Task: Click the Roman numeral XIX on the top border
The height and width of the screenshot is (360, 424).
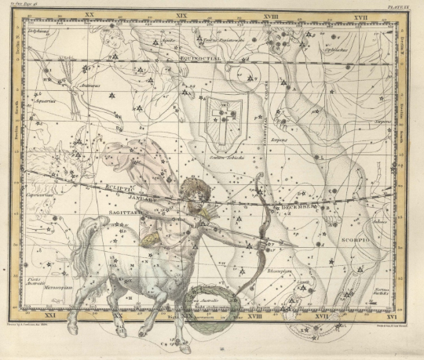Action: click(x=182, y=15)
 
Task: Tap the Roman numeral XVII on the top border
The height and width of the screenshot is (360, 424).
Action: click(x=360, y=15)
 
